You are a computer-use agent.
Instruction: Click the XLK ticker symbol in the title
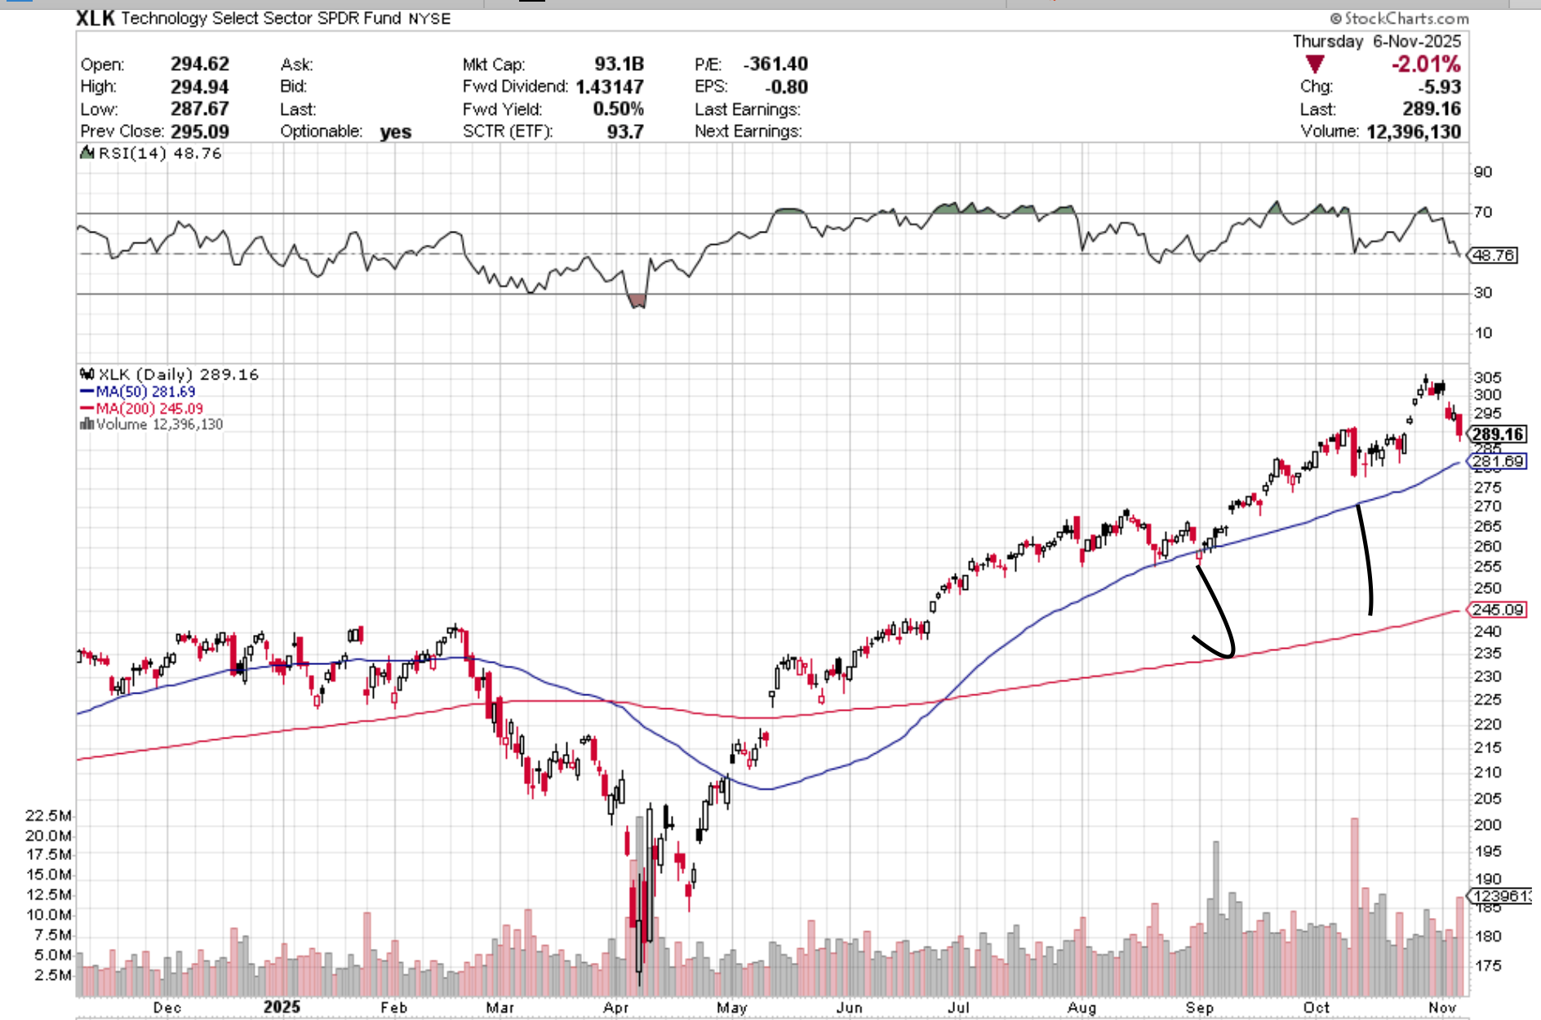click(95, 18)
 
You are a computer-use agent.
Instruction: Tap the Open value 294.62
click(199, 64)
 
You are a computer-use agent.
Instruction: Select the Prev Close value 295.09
click(199, 131)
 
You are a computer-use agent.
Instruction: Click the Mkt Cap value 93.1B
click(619, 64)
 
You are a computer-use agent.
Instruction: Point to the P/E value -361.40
click(775, 64)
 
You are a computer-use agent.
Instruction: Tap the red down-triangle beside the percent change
click(1314, 64)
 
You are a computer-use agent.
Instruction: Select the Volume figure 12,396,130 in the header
click(1413, 131)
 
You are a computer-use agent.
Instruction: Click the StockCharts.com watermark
click(1399, 18)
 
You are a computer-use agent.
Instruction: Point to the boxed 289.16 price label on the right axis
click(1498, 434)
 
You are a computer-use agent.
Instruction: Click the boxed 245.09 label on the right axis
click(1498, 610)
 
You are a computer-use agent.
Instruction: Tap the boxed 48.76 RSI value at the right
click(1494, 255)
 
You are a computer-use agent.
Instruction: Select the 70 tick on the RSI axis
click(1482, 212)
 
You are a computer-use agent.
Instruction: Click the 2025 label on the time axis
click(282, 1007)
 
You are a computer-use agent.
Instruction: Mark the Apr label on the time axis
click(616, 1008)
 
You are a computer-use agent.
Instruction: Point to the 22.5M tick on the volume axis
click(48, 815)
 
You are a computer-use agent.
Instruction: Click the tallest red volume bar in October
click(1355, 906)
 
